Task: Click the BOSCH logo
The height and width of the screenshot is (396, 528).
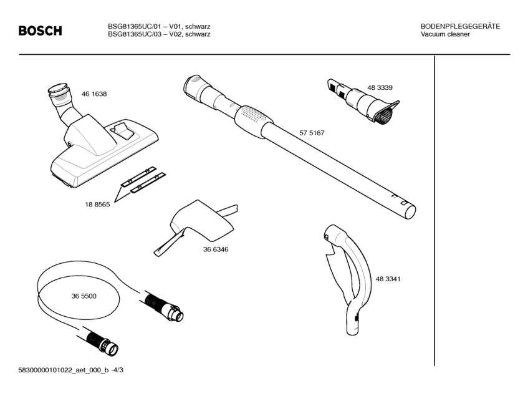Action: coord(41,31)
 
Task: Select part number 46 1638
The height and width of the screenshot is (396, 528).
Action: coord(94,94)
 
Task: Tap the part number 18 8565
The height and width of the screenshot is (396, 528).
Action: coord(98,205)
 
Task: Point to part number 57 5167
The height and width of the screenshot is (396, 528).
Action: coord(312,133)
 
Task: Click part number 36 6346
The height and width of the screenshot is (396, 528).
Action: coord(216,249)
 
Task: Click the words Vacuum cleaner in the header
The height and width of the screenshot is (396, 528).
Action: coord(445,34)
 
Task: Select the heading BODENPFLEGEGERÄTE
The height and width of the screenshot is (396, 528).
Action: coord(460,26)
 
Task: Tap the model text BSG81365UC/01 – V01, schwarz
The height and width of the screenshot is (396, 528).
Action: coord(159,26)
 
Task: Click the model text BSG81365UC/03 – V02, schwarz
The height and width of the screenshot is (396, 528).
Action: coord(159,34)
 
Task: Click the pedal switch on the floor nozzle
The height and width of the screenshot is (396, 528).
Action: coord(123,131)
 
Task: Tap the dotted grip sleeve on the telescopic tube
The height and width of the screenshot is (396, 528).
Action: coord(252,117)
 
